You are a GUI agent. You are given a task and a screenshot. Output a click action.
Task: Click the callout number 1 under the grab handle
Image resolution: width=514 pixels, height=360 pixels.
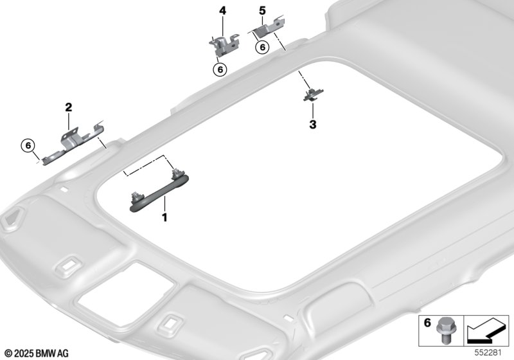click(x=165, y=217)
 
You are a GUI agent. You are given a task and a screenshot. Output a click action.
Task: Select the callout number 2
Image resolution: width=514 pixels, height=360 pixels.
click(x=68, y=107)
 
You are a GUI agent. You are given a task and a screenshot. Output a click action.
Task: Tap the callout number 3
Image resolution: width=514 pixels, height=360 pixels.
click(x=313, y=125)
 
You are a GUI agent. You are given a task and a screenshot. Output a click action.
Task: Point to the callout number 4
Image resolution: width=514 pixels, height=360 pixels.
click(x=222, y=11)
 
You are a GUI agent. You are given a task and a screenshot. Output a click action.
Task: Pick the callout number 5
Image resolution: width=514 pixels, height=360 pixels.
click(x=262, y=11)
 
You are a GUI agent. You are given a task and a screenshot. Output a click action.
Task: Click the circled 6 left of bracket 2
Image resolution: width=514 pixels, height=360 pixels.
click(x=28, y=145)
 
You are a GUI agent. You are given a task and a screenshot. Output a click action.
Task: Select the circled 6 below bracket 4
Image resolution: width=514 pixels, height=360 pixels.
click(x=220, y=69)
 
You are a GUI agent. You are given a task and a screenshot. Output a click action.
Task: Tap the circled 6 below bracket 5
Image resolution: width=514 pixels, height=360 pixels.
click(x=262, y=47)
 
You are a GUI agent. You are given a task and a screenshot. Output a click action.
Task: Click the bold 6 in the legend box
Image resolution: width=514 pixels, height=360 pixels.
click(x=427, y=323)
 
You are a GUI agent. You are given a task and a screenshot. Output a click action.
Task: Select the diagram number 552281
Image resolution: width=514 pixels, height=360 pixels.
click(x=488, y=353)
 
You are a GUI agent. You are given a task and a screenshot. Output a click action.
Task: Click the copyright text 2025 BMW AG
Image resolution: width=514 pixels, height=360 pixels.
click(x=37, y=354)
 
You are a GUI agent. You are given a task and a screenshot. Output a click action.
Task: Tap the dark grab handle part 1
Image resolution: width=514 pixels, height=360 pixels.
click(x=159, y=194)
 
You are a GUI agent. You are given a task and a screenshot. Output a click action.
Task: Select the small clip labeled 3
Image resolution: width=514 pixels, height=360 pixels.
click(x=314, y=94)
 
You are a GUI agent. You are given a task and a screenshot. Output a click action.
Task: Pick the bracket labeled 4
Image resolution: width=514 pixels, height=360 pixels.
click(x=224, y=45)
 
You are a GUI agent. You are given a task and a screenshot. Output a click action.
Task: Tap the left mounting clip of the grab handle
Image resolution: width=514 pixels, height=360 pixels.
click(x=136, y=197)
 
